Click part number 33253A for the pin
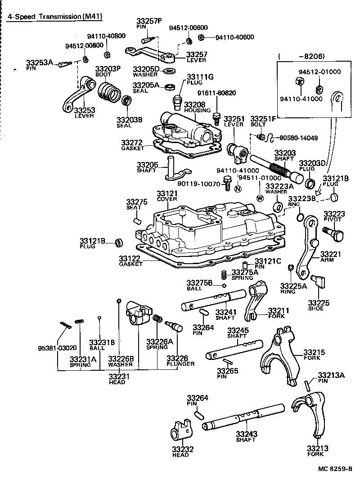pos(39,63)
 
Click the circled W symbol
pos(260,198)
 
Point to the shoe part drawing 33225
pos(320,282)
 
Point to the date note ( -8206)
pos(301,56)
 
